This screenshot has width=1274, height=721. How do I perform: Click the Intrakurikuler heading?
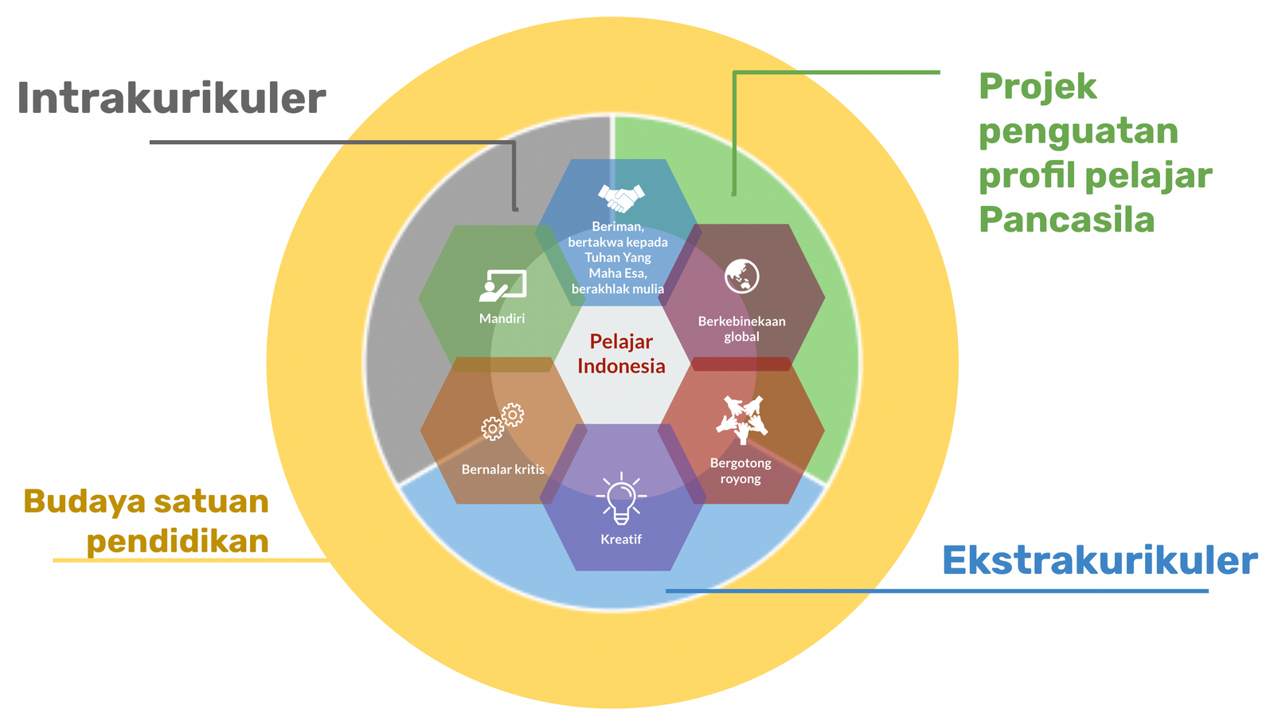point(171,99)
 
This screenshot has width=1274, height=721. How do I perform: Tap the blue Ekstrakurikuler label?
point(1100,560)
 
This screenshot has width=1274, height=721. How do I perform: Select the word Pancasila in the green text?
point(1066,220)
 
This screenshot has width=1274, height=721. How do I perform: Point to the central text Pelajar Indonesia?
point(621,353)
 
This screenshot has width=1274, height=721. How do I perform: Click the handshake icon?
point(620,197)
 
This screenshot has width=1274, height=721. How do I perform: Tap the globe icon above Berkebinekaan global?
point(741,276)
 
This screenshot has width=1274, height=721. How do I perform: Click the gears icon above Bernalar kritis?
point(502,422)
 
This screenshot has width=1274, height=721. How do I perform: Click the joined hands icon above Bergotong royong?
point(741,419)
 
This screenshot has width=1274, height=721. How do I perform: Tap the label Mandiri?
point(502,318)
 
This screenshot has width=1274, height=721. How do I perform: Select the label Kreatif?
point(621,540)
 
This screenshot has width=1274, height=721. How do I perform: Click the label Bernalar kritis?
point(503,470)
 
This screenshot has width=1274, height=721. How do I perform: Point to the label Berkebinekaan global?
point(741,329)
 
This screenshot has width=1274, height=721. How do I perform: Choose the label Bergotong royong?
point(741,470)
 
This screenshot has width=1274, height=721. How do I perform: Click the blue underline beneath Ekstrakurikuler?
point(936,590)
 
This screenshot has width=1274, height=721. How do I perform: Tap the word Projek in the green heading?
point(1037,86)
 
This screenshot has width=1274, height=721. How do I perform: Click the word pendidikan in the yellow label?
point(177,541)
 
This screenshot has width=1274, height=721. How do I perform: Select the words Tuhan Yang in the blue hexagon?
point(618,257)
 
